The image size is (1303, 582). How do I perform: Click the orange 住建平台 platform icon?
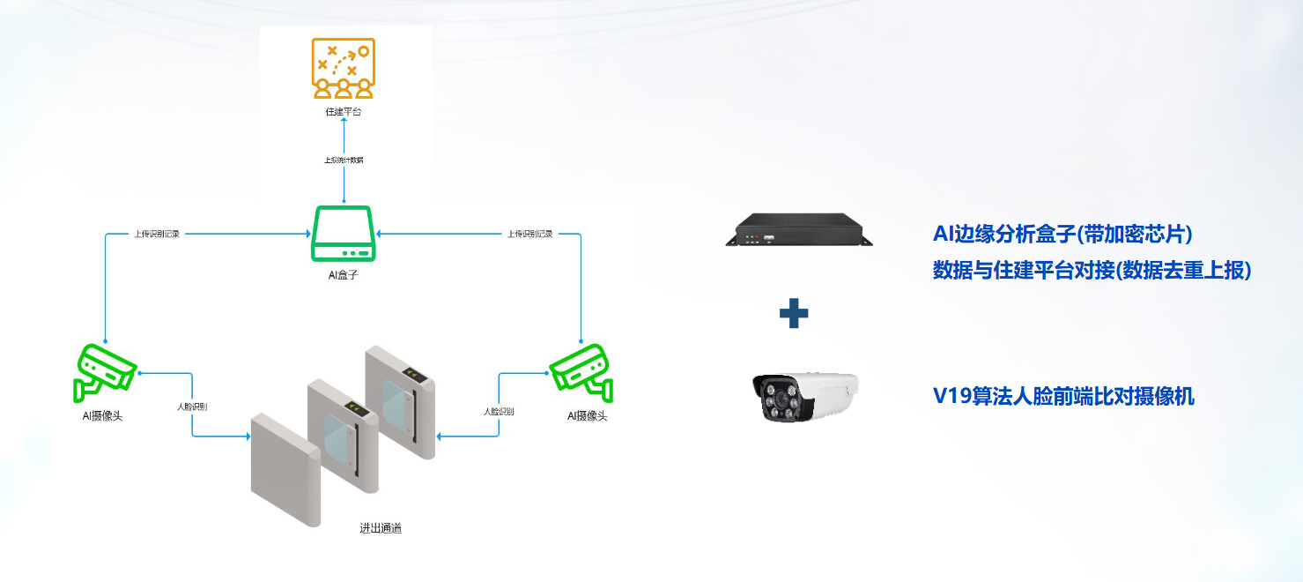coord(344,67)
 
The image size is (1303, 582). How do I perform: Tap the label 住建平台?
coord(344,112)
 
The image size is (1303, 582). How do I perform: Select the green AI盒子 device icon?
coord(344,234)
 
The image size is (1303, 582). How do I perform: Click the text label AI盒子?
coord(343,275)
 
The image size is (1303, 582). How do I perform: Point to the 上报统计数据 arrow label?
coord(344,160)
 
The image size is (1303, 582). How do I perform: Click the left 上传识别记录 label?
coord(158,235)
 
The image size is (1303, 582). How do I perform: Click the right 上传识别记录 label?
coord(529,235)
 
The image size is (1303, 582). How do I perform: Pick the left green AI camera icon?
coord(105,369)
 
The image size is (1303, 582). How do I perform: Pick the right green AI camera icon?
coord(581,369)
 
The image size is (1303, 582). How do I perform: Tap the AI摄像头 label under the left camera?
coord(102,415)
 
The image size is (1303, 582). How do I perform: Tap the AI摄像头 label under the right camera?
coord(587,415)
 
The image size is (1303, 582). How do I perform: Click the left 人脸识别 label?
coord(192,407)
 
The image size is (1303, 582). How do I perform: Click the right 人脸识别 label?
coord(499,412)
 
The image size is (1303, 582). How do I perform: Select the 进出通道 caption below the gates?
coord(381,528)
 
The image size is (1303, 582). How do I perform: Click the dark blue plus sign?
coord(794,313)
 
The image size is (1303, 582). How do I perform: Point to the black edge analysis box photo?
coord(798,230)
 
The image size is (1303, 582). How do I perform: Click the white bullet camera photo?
coord(804,396)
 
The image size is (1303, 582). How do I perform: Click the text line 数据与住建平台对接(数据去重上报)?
coord(1092,271)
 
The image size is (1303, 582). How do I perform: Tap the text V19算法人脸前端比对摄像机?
coord(1063,397)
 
